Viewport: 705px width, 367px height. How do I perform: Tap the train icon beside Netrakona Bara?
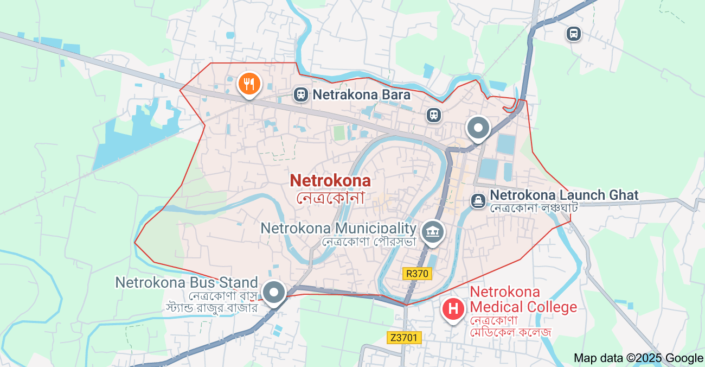(x=300, y=94)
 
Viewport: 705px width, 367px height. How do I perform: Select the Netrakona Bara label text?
(x=361, y=95)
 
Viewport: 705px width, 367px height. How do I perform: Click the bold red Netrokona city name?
(x=330, y=181)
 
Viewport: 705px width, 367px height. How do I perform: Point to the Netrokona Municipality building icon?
(x=433, y=232)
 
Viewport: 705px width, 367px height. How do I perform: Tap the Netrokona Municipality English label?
(x=338, y=228)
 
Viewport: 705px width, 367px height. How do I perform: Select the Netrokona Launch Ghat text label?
(x=564, y=195)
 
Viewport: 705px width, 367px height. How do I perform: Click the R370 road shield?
(x=417, y=274)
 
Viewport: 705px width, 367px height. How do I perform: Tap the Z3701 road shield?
(x=405, y=338)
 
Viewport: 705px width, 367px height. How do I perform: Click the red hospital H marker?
(x=453, y=309)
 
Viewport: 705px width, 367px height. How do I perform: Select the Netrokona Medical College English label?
(x=523, y=300)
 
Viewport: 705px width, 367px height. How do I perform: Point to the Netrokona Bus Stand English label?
(x=186, y=282)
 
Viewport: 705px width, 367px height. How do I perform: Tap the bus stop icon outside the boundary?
(x=573, y=34)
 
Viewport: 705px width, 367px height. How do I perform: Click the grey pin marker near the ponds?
(x=478, y=129)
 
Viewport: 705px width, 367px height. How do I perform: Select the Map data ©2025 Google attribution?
(x=638, y=358)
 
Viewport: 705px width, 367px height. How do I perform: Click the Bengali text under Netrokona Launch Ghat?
(x=534, y=208)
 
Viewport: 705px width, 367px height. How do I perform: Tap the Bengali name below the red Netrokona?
(x=330, y=197)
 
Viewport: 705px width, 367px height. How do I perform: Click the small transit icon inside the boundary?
(x=433, y=115)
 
